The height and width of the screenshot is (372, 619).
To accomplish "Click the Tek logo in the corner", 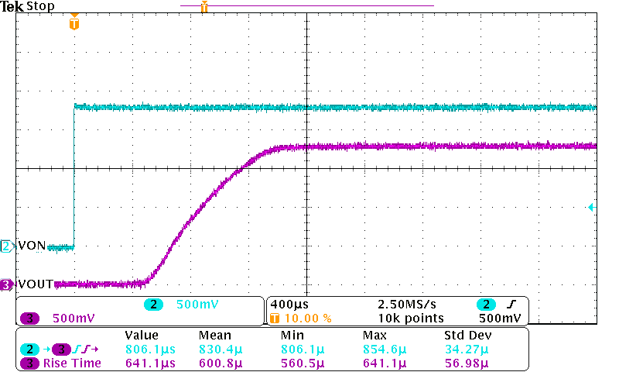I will click(x=12, y=7).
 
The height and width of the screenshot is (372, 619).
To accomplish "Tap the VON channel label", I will click(x=32, y=246).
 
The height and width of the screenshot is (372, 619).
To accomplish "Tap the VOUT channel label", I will click(x=35, y=284).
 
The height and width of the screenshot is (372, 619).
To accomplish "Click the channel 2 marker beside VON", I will click(x=7, y=246).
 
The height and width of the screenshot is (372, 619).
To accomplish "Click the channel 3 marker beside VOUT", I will click(x=7, y=284).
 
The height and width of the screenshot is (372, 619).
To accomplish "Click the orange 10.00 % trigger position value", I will click(x=308, y=318).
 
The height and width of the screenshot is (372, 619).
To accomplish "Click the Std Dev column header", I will click(x=467, y=336).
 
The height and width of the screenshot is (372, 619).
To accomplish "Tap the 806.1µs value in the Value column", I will click(x=150, y=350).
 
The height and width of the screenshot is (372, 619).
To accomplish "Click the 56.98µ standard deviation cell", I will click(x=467, y=363).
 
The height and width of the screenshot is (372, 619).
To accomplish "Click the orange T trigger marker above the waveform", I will click(x=74, y=23).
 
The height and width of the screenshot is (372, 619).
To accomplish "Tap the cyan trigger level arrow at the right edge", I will click(x=590, y=207).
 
